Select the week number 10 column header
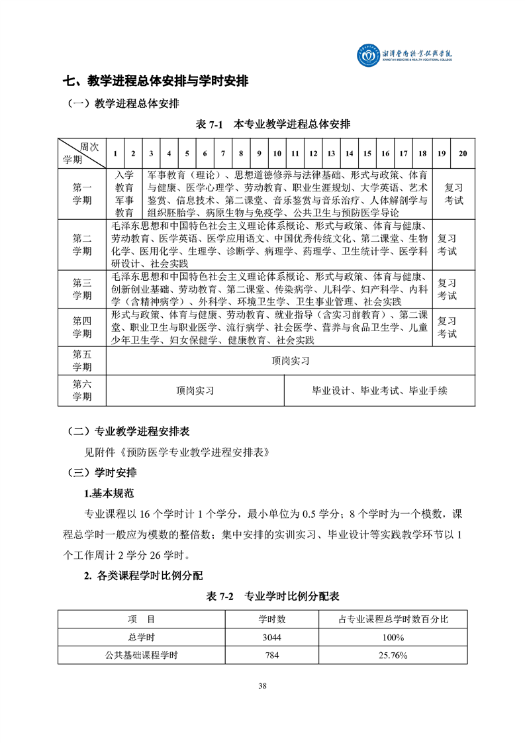tap(277, 154)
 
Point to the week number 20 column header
tap(463, 154)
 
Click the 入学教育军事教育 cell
tap(124, 193)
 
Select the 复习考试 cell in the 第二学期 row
tap(447, 244)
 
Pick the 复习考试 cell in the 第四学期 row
tap(447, 327)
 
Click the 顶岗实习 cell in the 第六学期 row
tap(195, 391)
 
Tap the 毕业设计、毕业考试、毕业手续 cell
tap(379, 391)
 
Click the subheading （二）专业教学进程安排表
tap(129, 431)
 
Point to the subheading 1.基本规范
tap(109, 493)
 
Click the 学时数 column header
tap(272, 619)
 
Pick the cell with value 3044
tap(272, 637)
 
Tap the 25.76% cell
tap(393, 655)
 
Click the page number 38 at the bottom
tap(263, 685)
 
